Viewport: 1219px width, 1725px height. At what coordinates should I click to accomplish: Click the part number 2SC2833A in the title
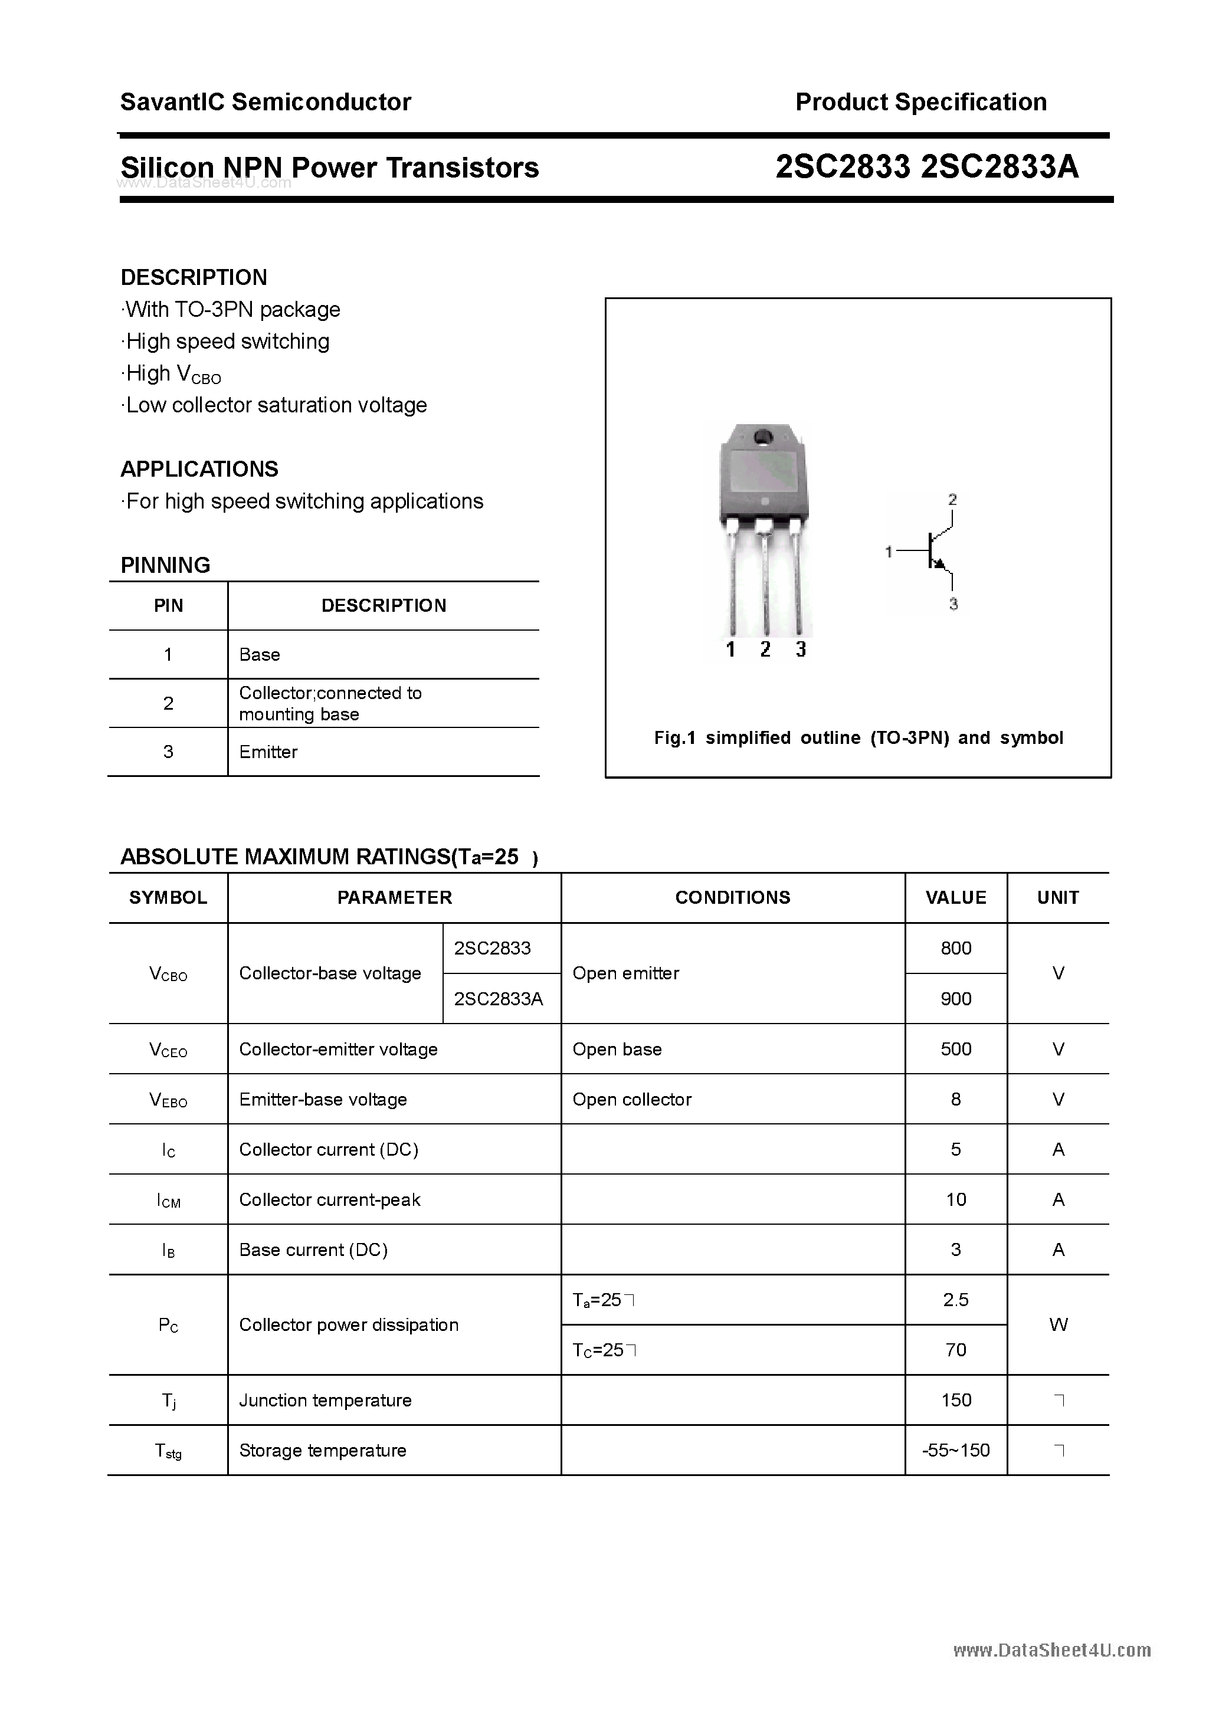coord(1000,167)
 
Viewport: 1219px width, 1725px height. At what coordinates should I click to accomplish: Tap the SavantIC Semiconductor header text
coord(266,102)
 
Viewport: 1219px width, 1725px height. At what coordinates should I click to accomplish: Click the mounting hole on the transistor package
coord(763,437)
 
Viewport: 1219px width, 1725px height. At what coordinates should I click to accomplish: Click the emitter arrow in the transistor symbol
coord(939,563)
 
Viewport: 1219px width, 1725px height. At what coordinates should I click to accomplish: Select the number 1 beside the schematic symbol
coord(889,552)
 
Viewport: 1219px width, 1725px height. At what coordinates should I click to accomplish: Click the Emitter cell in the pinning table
coord(268,752)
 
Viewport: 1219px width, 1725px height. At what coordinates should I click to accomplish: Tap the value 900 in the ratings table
coord(955,999)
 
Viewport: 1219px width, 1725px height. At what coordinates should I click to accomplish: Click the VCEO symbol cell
coord(168,1050)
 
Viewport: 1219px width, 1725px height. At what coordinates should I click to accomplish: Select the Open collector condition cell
coord(631,1099)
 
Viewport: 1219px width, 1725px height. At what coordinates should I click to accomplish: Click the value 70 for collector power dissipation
coord(955,1350)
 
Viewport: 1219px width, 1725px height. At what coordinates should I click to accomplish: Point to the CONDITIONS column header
coord(732,897)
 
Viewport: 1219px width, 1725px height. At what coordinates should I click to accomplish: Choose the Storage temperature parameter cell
coord(322,1450)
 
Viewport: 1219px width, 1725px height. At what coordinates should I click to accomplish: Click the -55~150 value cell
coord(955,1450)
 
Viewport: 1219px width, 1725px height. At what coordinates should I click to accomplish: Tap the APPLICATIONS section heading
coord(199,469)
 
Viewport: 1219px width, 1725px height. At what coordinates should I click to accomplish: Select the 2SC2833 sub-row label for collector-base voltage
coord(492,948)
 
